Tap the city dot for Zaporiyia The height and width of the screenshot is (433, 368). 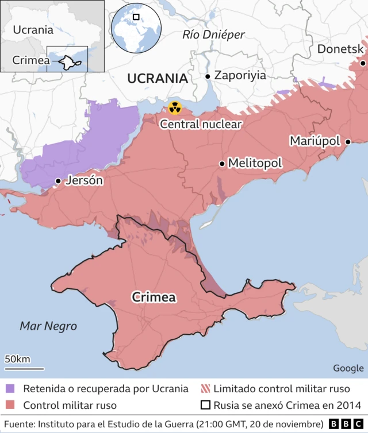point(208,76)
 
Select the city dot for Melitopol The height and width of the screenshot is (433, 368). point(222,164)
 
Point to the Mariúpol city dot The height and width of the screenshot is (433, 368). point(347,141)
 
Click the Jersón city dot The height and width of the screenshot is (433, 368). point(58,181)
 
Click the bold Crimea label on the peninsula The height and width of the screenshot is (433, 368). point(154,297)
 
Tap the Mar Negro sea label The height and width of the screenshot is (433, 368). point(48,326)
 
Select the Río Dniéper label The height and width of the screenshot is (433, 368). point(213,35)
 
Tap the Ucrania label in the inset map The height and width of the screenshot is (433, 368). point(33,30)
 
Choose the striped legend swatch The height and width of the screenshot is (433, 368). point(205,389)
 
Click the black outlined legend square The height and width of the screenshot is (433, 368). point(205,405)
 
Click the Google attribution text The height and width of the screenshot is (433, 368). point(348,368)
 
